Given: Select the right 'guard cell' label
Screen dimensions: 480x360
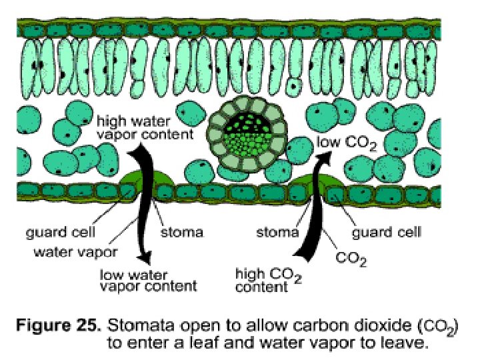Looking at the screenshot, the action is [x=386, y=233].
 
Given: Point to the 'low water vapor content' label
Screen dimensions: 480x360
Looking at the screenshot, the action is [x=148, y=279].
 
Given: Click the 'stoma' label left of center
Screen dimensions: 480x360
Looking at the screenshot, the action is [x=181, y=233].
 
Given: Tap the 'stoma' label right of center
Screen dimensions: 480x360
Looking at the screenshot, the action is [x=277, y=233].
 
